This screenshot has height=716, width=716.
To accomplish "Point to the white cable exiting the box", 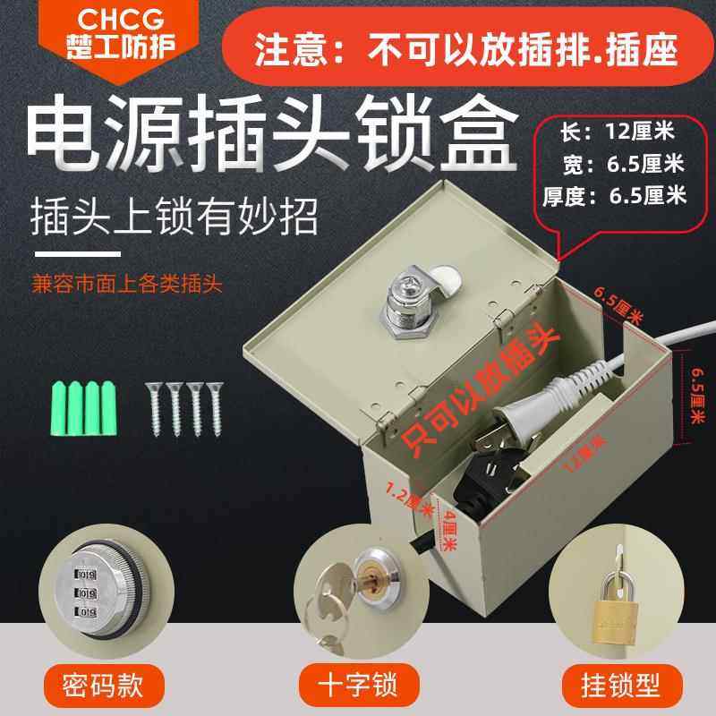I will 680,335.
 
